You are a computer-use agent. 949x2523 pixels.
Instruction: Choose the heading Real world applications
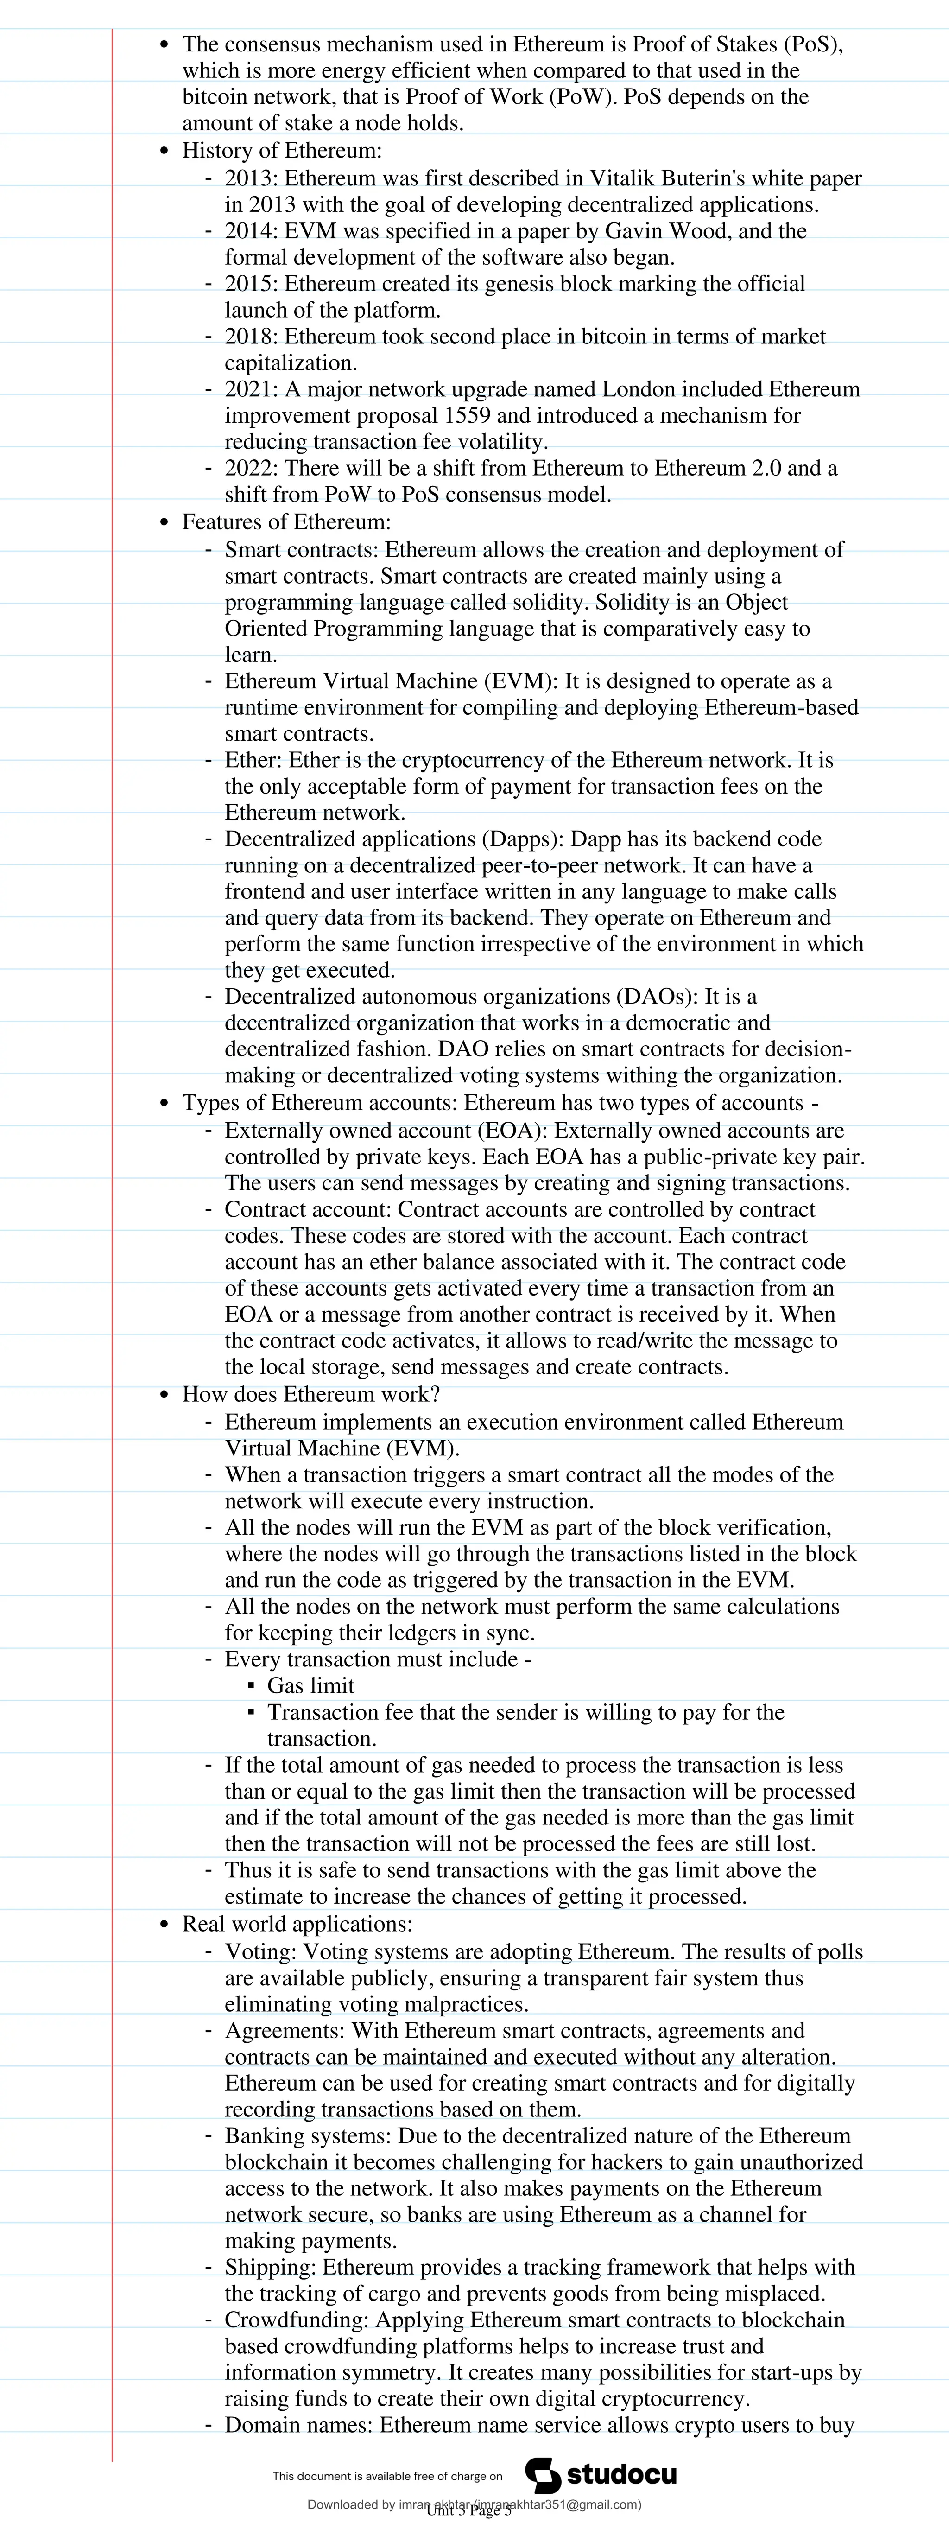pos(297,1925)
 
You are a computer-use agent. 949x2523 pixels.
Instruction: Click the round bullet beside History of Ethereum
pos(164,152)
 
